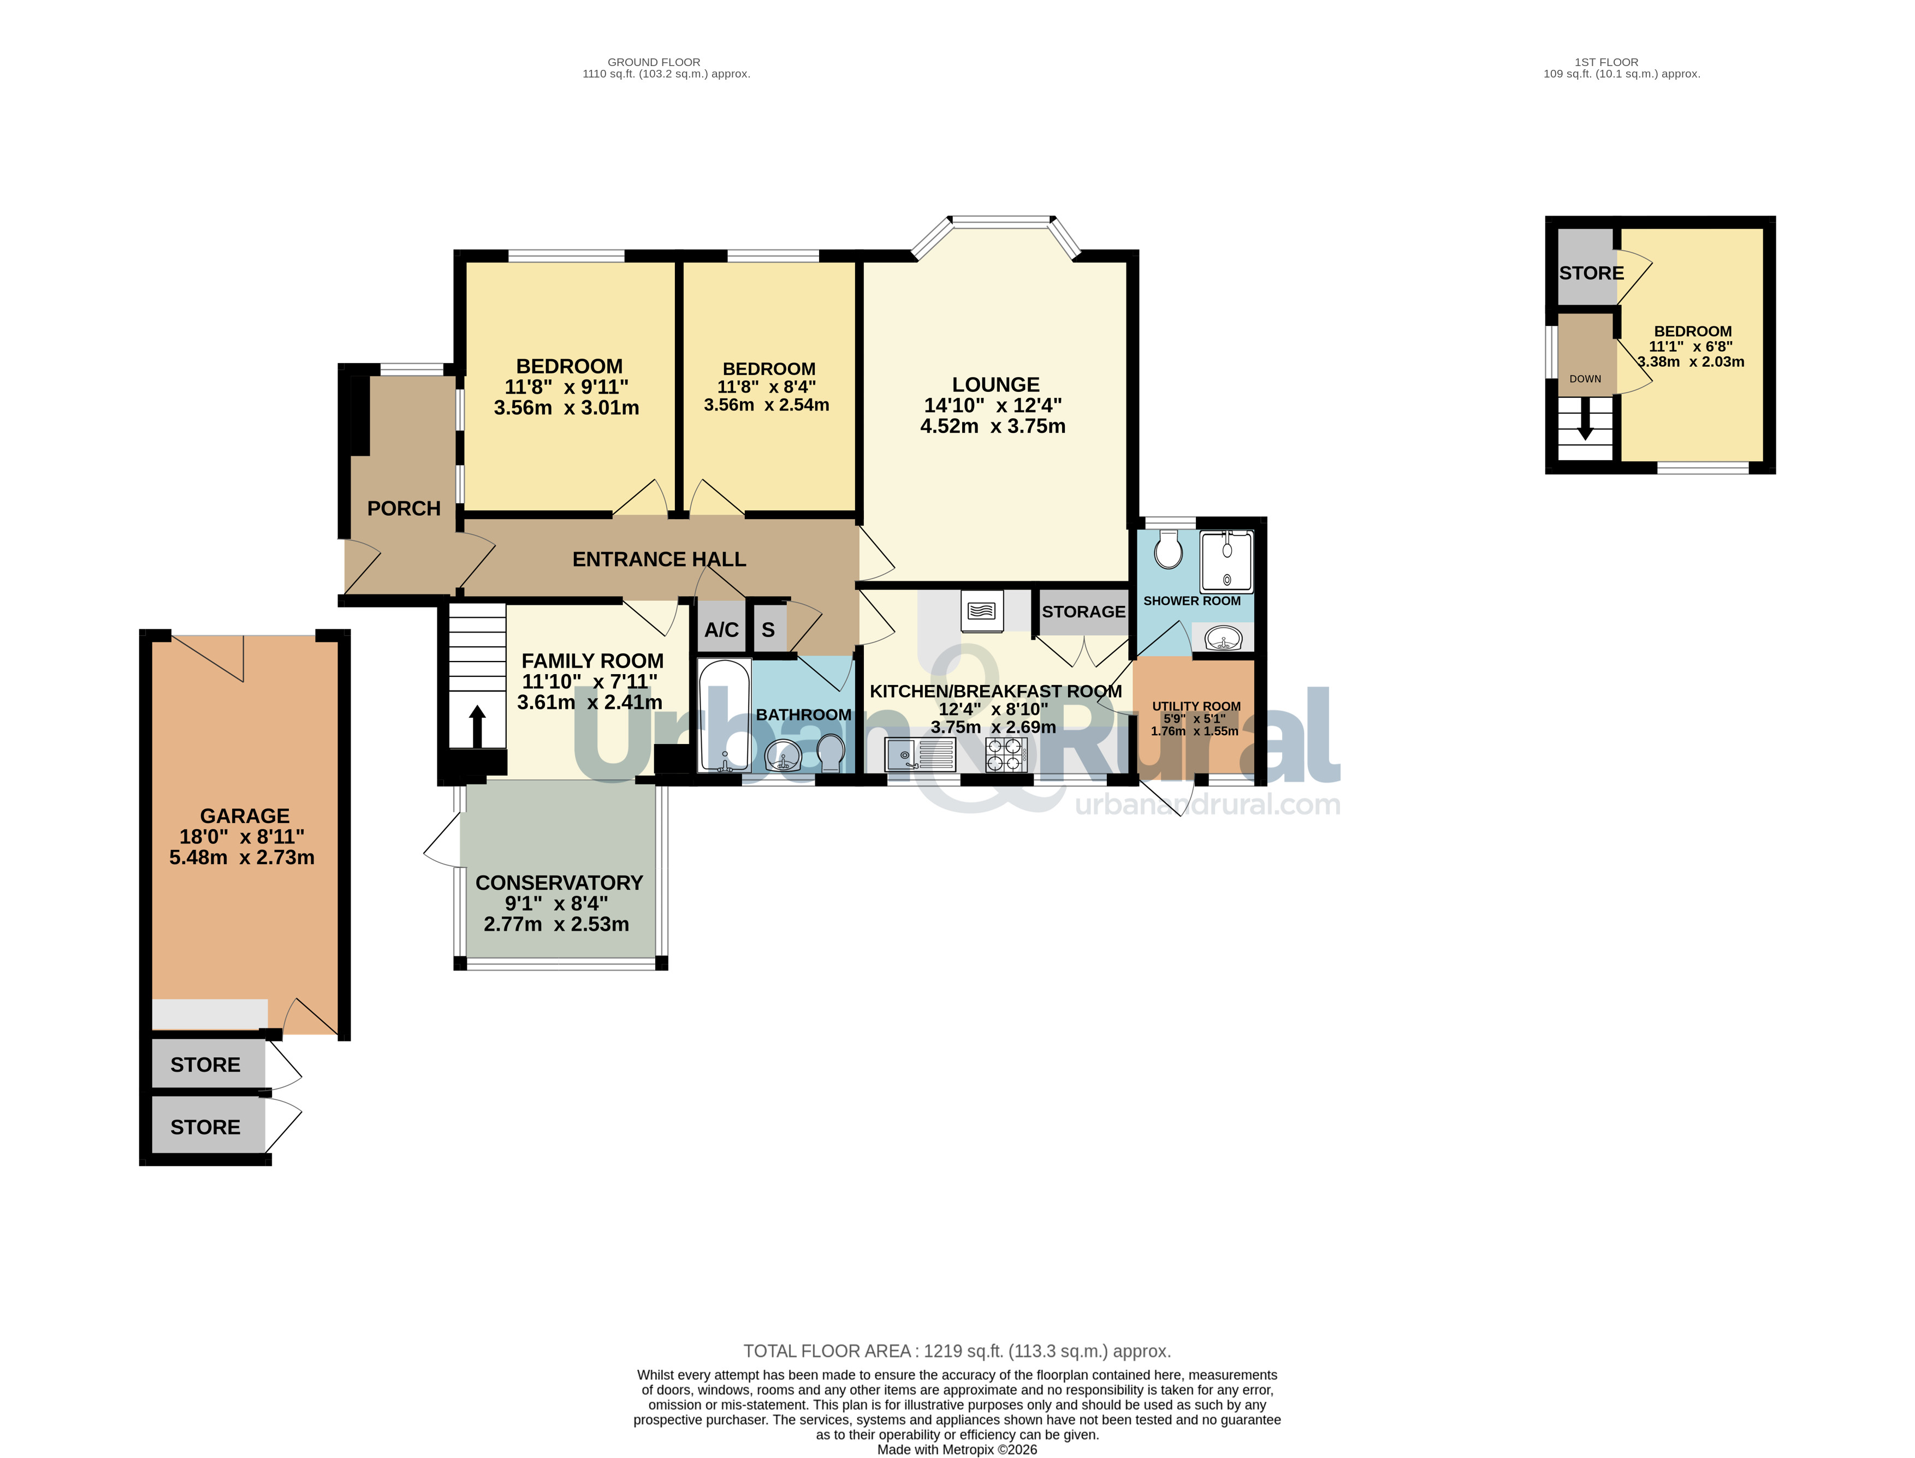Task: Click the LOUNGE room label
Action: tap(995, 384)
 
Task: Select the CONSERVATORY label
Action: tap(559, 883)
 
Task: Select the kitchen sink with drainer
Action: tap(920, 754)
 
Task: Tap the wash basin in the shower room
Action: tap(1223, 638)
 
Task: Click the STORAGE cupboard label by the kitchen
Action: tap(1083, 612)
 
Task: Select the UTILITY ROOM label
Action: tap(1196, 706)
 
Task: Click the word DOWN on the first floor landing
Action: tap(1585, 379)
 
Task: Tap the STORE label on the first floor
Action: tap(1591, 273)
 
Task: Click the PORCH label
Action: tap(404, 509)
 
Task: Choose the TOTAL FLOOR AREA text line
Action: tap(957, 1351)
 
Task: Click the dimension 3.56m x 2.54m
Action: tap(767, 405)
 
